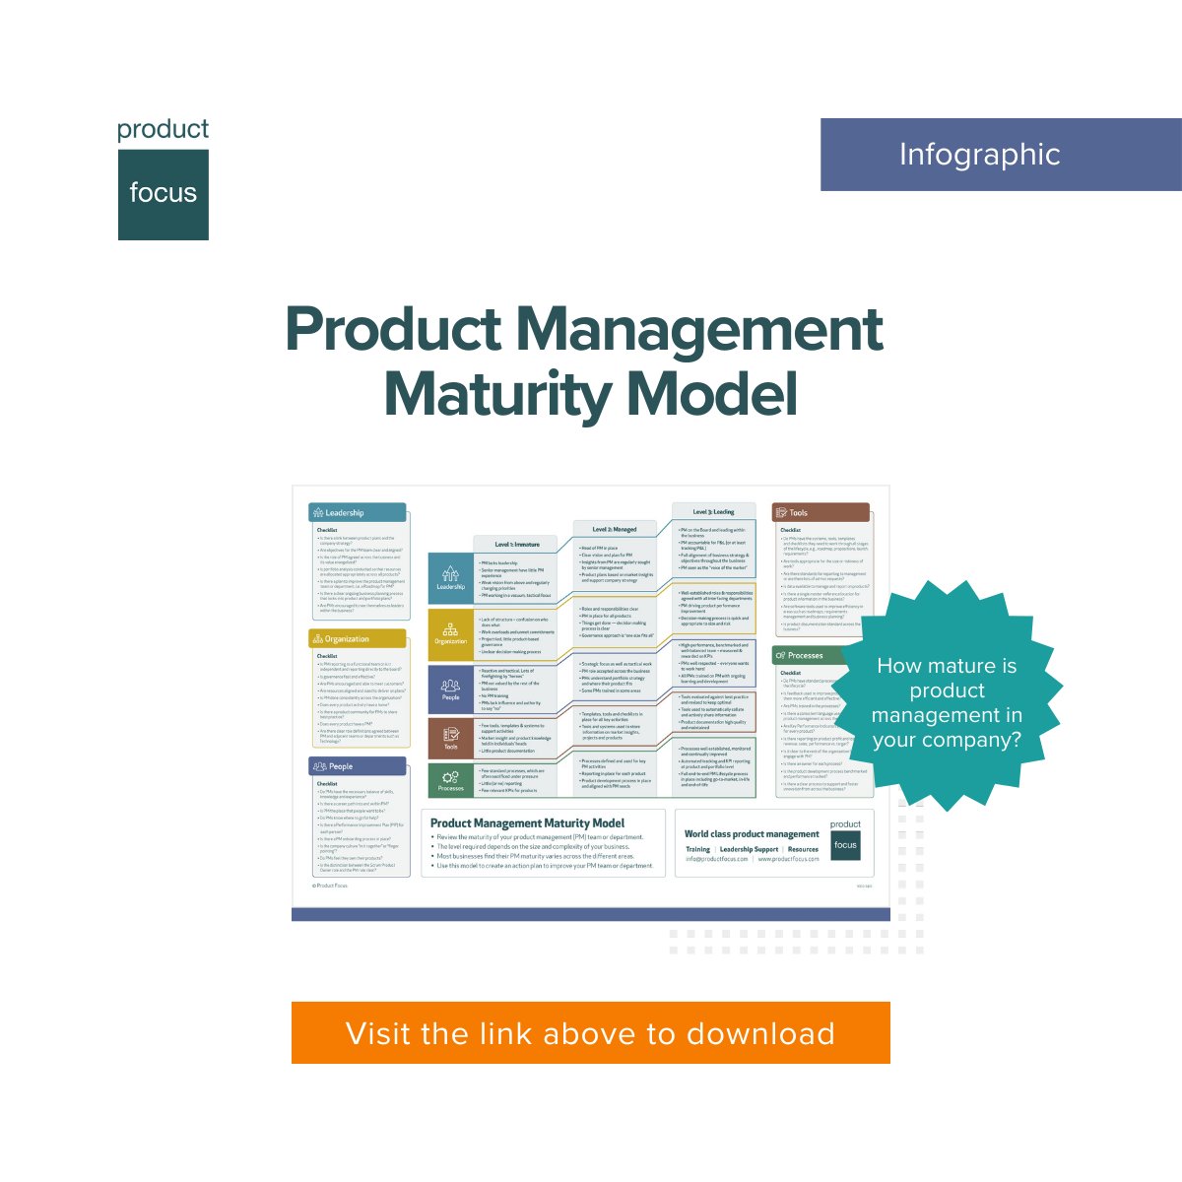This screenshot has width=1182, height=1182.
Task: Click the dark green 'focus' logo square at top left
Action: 164,194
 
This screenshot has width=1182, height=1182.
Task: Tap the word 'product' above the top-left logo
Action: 164,129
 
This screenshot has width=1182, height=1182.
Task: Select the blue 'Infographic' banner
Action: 1000,155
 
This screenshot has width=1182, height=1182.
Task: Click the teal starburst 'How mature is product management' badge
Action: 947,702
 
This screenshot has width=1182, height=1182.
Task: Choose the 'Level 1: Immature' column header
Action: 517,544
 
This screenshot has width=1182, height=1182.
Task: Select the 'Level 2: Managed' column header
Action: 615,529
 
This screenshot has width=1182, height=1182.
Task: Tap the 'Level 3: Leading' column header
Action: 713,512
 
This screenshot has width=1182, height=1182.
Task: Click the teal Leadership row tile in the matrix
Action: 450,577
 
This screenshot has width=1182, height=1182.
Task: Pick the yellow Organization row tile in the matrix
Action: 450,633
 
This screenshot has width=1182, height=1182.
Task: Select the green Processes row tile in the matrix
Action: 450,780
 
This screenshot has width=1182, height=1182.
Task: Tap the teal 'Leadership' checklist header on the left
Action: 357,512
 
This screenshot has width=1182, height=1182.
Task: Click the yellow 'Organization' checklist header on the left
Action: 357,638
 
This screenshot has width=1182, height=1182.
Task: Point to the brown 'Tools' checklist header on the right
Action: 821,512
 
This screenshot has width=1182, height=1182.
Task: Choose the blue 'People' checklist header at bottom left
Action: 357,765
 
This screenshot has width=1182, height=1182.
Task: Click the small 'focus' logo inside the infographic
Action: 845,844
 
